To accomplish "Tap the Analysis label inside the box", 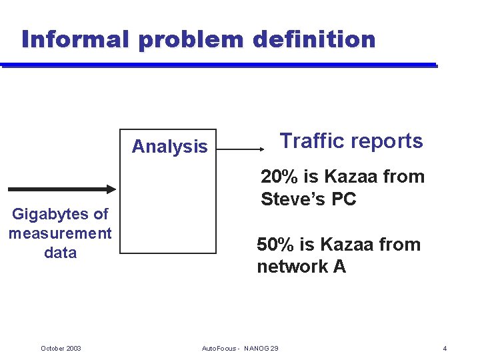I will click(169, 147).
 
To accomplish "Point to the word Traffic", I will click(311, 141).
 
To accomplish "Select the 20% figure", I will click(277, 177).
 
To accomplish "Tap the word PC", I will click(343, 199).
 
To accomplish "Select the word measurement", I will click(60, 233).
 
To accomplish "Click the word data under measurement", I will click(60, 253).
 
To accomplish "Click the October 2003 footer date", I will click(61, 348).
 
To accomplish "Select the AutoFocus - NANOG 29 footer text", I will click(240, 348).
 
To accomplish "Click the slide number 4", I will click(445, 348).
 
